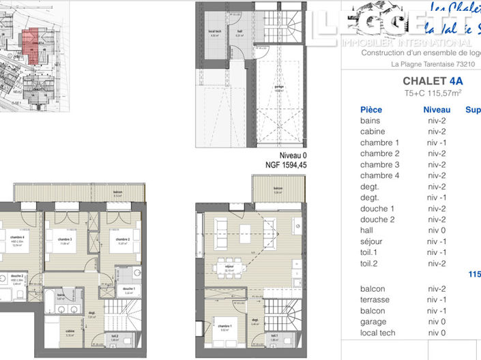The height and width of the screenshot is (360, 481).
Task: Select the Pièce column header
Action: [371, 110]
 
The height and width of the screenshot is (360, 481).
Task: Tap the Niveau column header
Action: [437, 110]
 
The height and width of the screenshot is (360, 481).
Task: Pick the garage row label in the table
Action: [373, 322]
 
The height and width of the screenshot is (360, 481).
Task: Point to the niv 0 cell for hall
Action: [437, 230]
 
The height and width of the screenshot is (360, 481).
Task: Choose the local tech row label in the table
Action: [378, 333]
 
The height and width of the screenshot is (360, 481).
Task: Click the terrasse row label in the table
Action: [375, 300]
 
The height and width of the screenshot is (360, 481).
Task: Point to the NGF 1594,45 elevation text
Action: [286, 165]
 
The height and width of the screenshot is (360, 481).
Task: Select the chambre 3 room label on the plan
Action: [65, 240]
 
